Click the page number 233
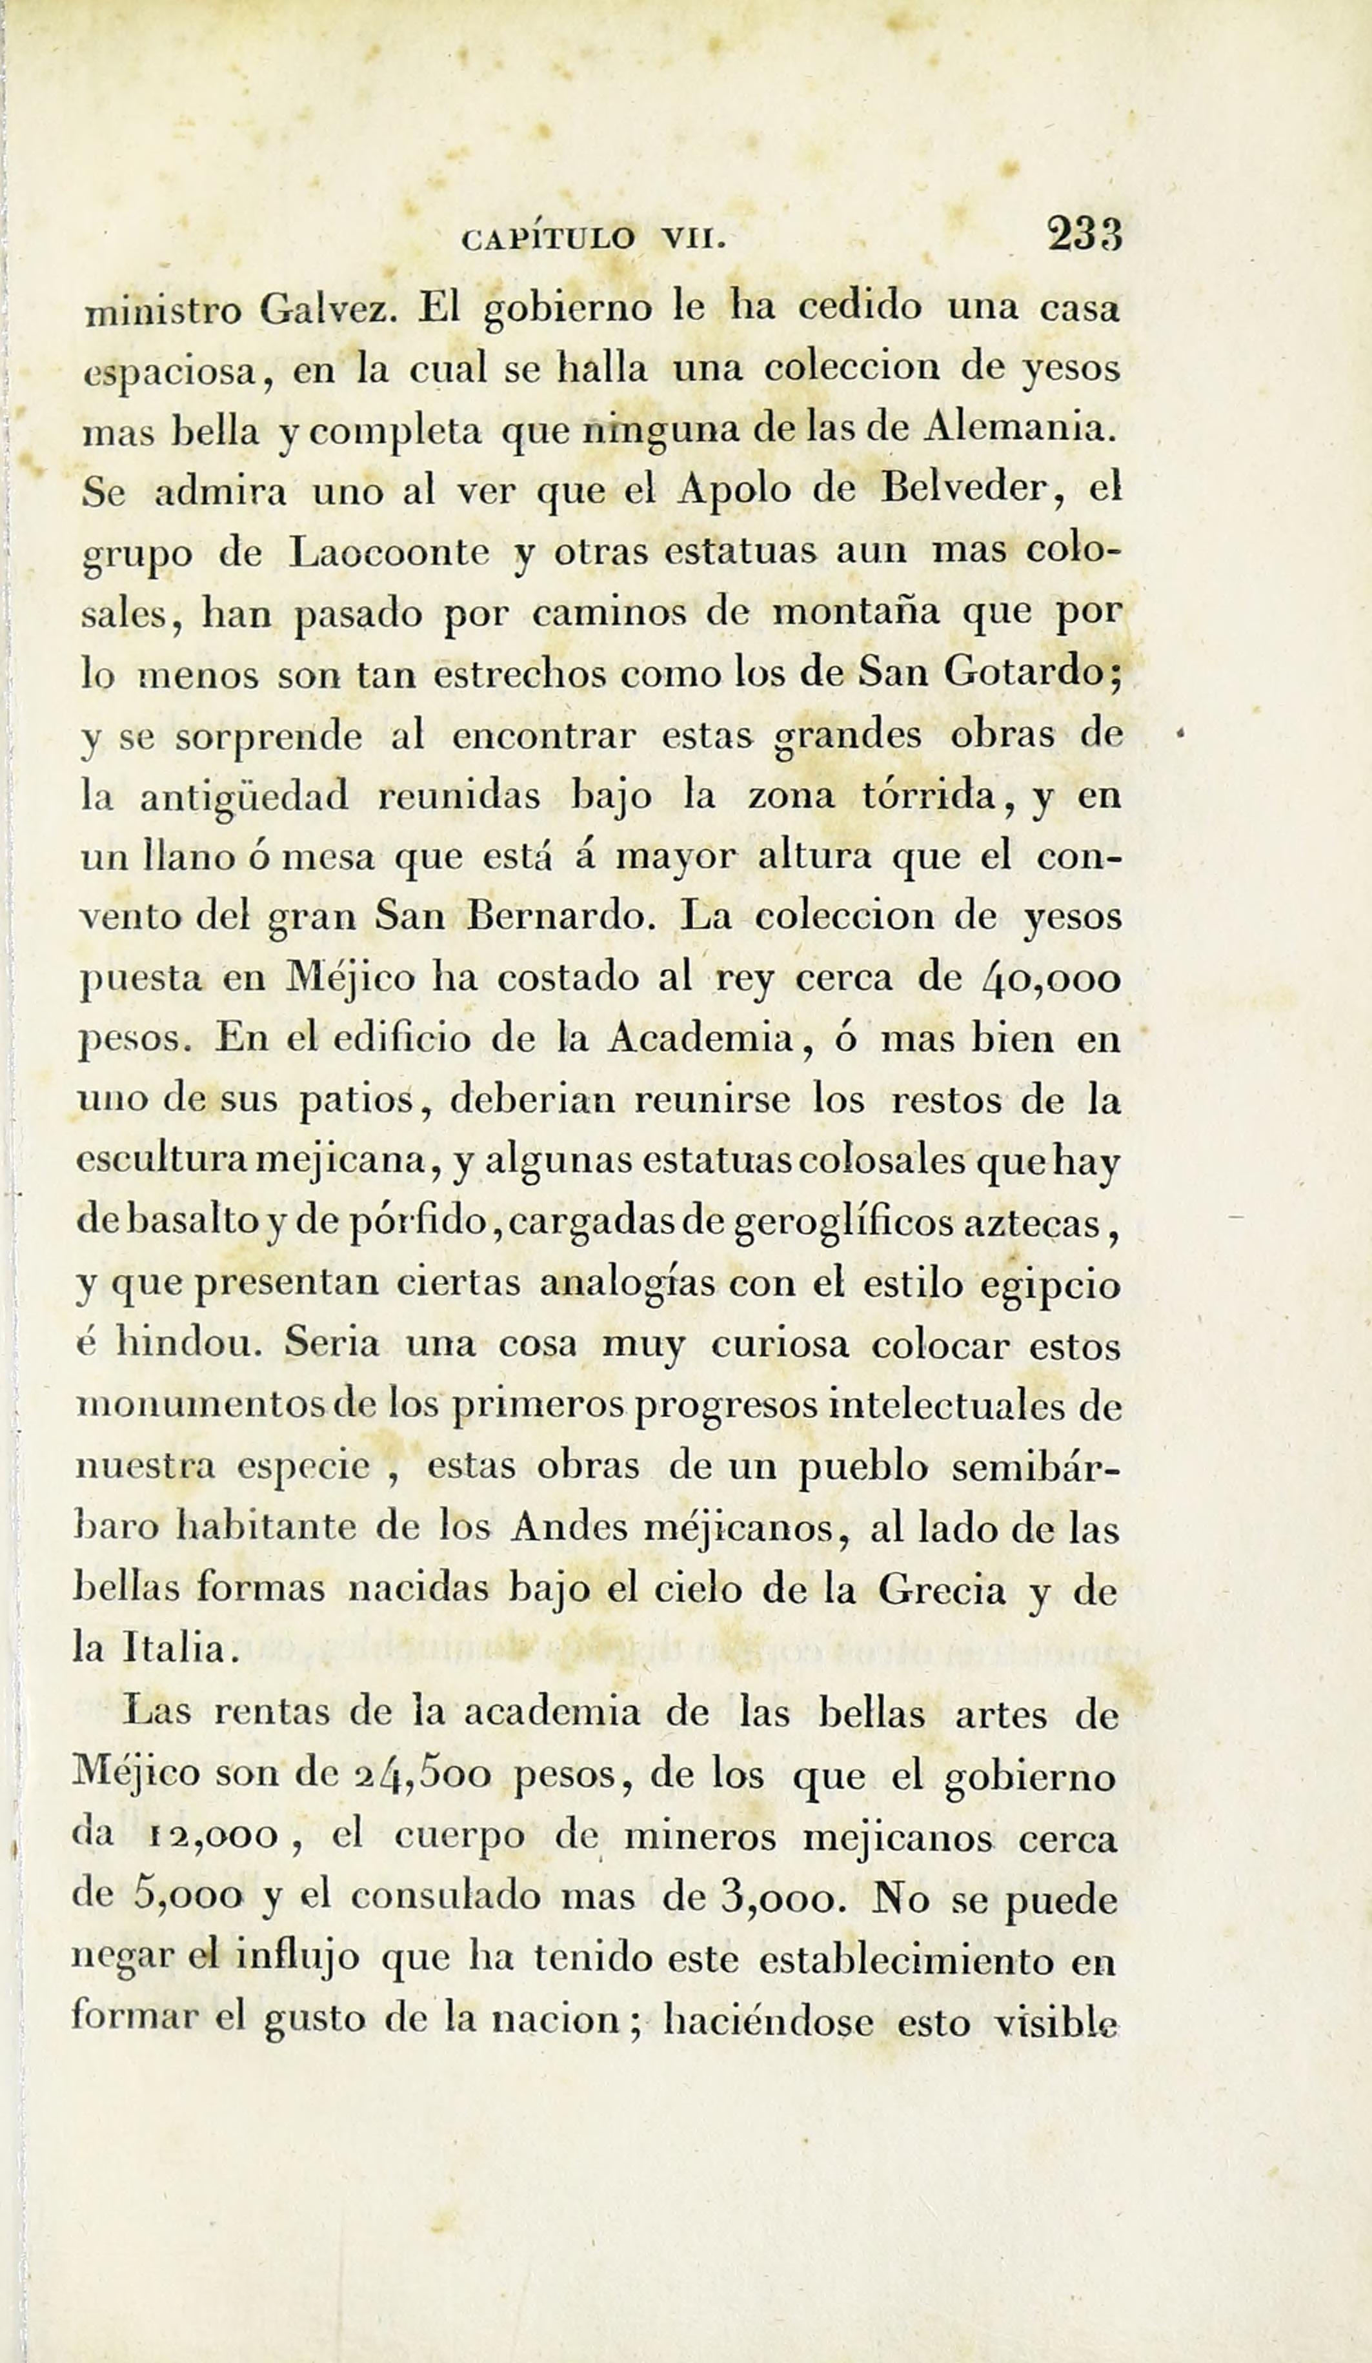pos(1085,234)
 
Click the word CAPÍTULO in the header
pos(548,239)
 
